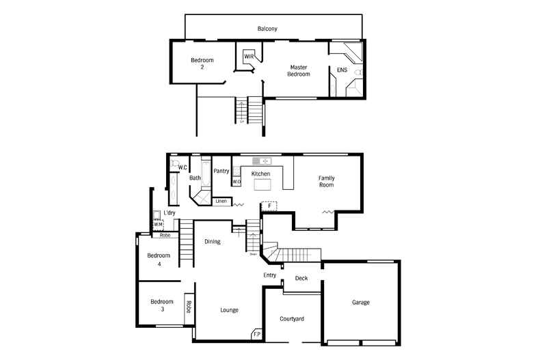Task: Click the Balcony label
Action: (x=267, y=29)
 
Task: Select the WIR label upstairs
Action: (x=249, y=56)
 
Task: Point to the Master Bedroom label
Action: (x=298, y=70)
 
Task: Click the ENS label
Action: (x=342, y=70)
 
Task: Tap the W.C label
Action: (x=183, y=167)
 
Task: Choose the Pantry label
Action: (x=221, y=171)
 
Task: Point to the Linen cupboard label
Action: (x=221, y=202)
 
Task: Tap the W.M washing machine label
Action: (x=157, y=224)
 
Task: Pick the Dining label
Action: (x=212, y=241)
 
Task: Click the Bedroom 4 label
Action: (x=159, y=260)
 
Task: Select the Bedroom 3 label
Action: (x=162, y=305)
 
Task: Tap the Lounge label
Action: (x=229, y=310)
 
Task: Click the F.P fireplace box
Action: (x=257, y=333)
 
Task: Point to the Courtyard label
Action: (x=293, y=319)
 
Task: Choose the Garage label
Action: (x=361, y=302)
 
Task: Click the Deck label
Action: (x=301, y=278)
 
